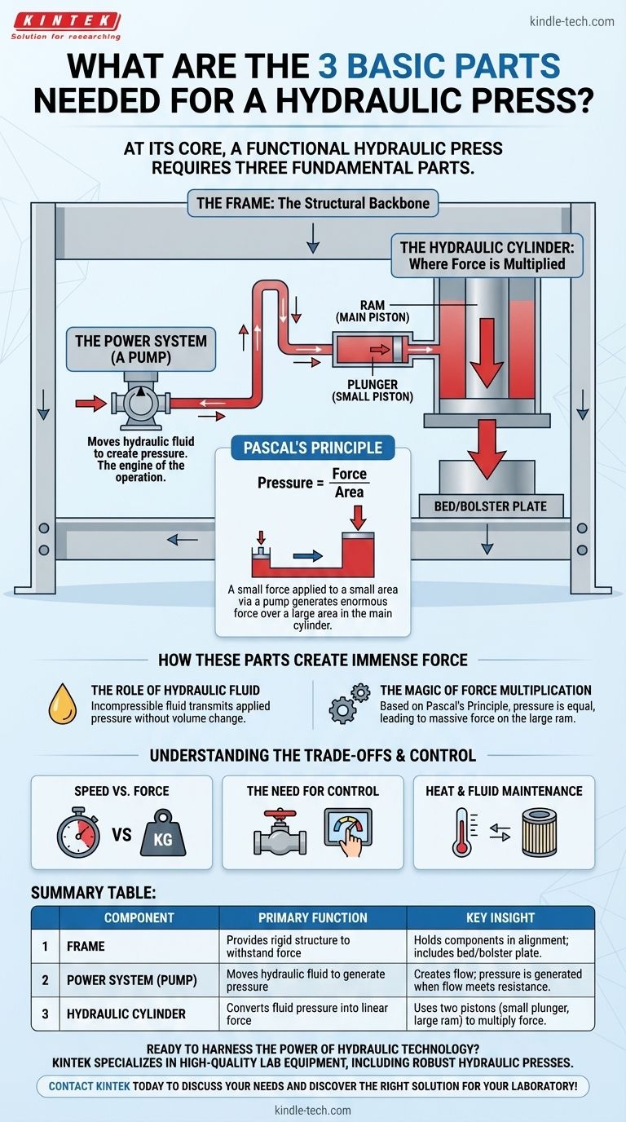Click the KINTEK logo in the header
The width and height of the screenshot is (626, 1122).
tap(66, 24)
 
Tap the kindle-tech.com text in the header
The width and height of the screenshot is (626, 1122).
tap(571, 21)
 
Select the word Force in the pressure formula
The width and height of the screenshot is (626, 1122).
tap(349, 475)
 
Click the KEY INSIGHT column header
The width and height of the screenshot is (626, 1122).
tap(500, 917)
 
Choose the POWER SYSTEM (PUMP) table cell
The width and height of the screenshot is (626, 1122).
tap(127, 981)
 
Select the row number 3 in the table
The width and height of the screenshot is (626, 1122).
tap(46, 1014)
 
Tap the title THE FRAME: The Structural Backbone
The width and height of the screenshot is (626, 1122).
tap(313, 203)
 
